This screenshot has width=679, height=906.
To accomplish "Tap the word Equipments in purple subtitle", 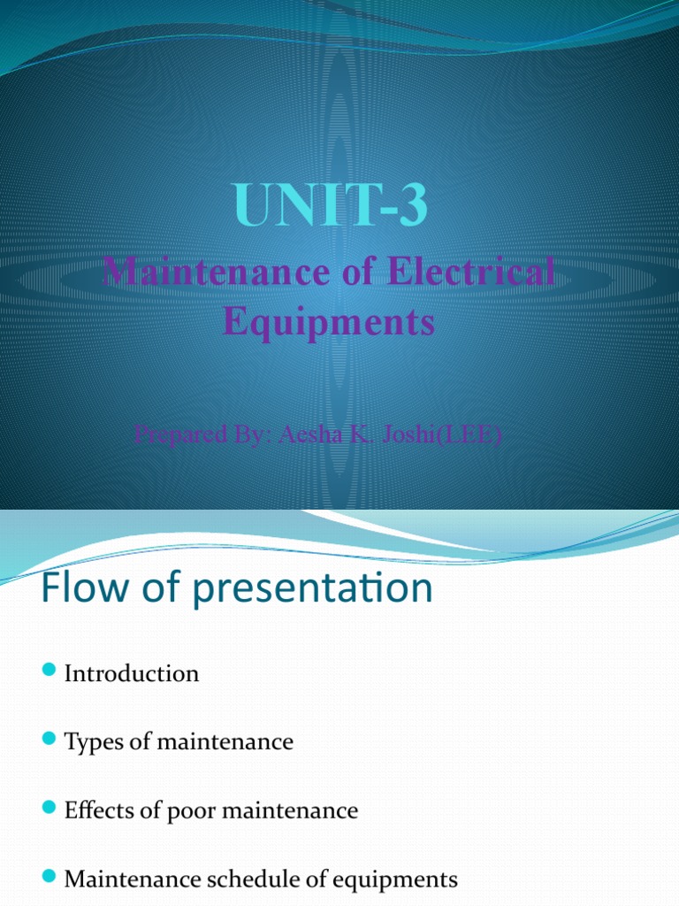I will point(329,321).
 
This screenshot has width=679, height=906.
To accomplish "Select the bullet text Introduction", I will point(132,674).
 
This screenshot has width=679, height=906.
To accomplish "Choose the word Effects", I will point(99,810).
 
